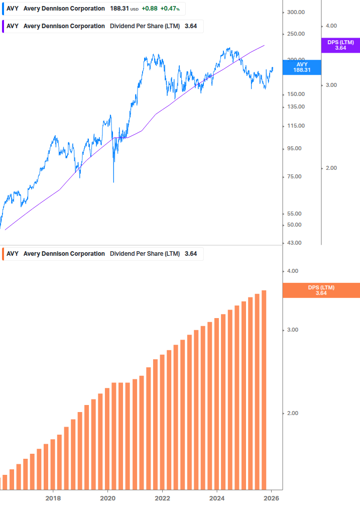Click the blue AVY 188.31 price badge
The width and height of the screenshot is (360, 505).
301,67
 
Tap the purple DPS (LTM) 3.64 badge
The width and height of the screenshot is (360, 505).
340,45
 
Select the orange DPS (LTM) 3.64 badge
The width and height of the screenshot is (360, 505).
321,290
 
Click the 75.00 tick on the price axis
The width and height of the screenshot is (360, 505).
294,176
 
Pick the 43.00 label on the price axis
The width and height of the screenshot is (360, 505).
294,243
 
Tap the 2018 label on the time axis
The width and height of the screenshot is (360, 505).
53,498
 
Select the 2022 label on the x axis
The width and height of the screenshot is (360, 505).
162,498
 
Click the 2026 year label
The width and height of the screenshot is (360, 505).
271,498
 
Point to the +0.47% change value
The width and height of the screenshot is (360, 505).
170,9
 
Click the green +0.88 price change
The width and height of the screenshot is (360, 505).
150,9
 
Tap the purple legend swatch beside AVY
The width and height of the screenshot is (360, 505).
4,26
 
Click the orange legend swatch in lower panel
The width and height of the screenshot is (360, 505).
4,254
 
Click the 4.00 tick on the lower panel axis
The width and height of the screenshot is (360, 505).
292,271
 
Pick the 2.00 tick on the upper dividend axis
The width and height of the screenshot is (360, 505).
331,168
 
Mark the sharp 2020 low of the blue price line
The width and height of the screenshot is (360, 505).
113,181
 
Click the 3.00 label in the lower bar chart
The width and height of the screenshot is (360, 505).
292,330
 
